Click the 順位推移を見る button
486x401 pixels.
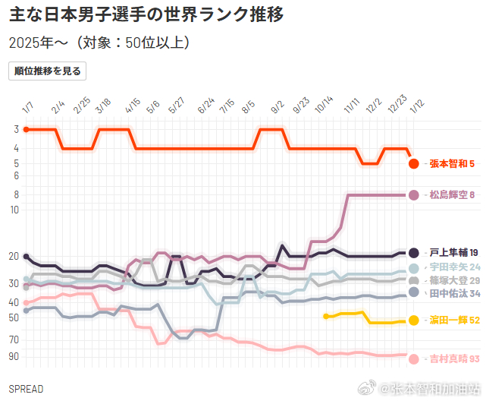47,71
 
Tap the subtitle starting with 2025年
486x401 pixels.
99,43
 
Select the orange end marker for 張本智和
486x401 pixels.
414,163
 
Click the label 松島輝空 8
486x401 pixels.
452,195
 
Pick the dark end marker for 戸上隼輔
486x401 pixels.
414,253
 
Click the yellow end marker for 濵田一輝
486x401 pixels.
414,320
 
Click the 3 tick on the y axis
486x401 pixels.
16,130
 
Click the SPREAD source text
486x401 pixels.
26,389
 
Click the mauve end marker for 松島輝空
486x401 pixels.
414,195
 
